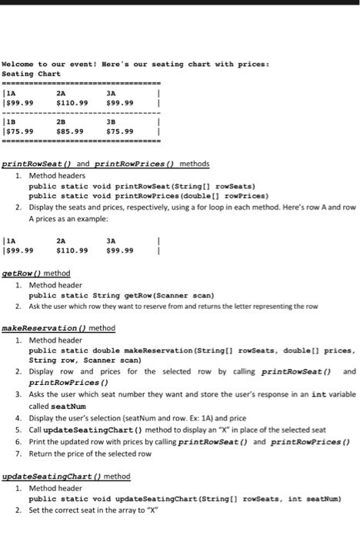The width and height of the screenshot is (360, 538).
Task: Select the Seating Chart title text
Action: (32, 73)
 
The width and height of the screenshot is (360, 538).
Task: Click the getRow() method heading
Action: (37, 274)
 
